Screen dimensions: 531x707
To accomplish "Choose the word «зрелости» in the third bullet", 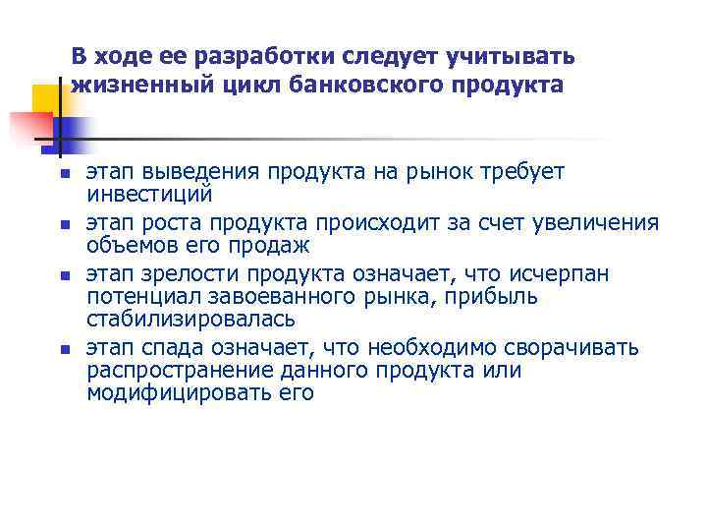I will [x=181, y=273].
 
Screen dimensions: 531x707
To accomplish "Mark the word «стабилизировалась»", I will [x=190, y=319].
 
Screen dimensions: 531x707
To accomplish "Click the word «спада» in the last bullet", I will [x=168, y=348].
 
